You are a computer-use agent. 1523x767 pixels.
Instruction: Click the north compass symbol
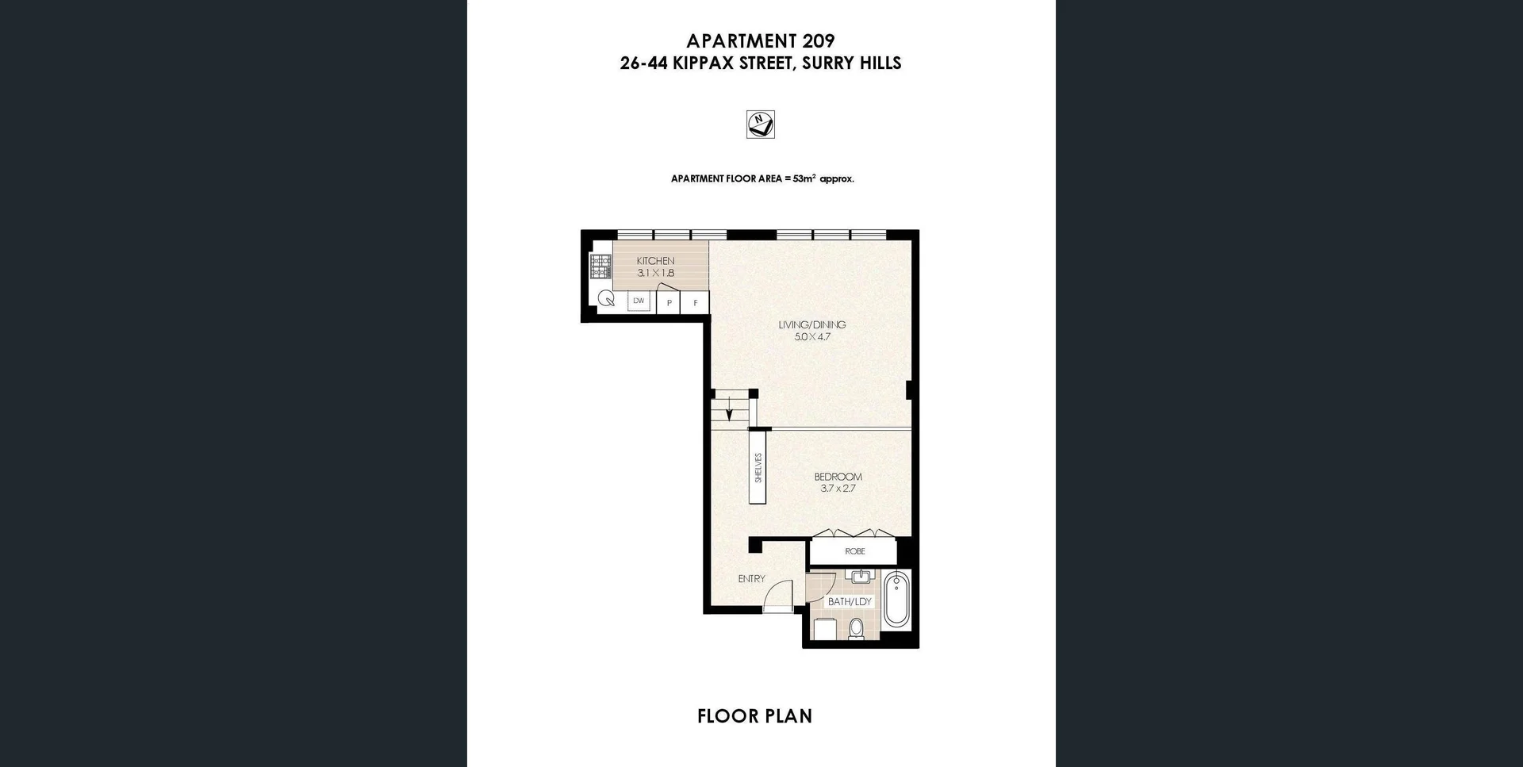pyautogui.click(x=760, y=124)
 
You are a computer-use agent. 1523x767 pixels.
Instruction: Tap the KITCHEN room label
pyautogui.click(x=655, y=261)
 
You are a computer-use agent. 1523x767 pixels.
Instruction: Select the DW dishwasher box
pyautogui.click(x=639, y=301)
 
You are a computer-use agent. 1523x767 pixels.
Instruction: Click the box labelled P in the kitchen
pyautogui.click(x=669, y=303)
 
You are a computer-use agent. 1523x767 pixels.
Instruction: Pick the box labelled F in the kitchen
pyautogui.click(x=696, y=303)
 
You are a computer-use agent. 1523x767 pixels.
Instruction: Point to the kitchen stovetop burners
pyautogui.click(x=600, y=267)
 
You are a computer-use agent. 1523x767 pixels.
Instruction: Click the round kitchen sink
pyautogui.click(x=607, y=299)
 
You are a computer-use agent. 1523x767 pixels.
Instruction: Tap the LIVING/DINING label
pyautogui.click(x=811, y=324)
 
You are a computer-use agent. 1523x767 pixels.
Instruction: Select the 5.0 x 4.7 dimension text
pyautogui.click(x=812, y=337)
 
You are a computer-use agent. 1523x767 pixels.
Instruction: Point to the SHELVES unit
pyautogui.click(x=758, y=467)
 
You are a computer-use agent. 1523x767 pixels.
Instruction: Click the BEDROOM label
pyautogui.click(x=838, y=477)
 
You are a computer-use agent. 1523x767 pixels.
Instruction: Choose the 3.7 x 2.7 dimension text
pyautogui.click(x=838, y=489)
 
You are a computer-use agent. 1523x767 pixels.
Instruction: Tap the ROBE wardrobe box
pyautogui.click(x=854, y=551)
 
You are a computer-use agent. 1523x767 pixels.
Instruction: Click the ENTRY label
pyautogui.click(x=751, y=579)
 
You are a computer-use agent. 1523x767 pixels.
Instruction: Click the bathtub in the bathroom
pyautogui.click(x=897, y=600)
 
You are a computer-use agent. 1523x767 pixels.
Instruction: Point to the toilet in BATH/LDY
pyautogui.click(x=856, y=630)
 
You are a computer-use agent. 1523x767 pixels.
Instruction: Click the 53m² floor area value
pyautogui.click(x=804, y=178)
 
